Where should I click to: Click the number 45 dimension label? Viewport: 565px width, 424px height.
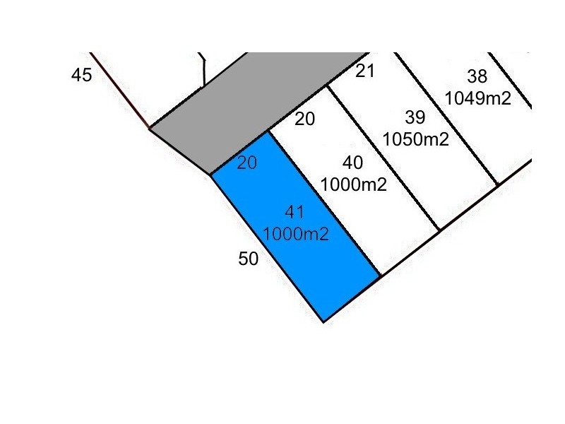tap(81, 75)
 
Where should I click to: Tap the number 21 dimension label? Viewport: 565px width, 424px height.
tap(365, 71)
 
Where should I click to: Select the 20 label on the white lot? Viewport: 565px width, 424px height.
tap(304, 119)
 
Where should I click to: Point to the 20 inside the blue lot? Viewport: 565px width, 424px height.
tap(246, 163)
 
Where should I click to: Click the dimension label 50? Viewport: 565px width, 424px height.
tap(249, 259)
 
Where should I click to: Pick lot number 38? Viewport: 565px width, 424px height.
tap(477, 76)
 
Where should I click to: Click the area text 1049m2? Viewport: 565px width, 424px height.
tap(478, 98)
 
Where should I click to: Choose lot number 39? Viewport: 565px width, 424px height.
tap(415, 117)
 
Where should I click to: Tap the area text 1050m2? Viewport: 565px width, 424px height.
tap(415, 139)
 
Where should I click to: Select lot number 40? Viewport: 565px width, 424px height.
tap(352, 163)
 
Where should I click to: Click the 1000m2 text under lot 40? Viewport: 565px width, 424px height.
tap(353, 184)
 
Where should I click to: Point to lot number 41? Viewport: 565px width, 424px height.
tap(295, 213)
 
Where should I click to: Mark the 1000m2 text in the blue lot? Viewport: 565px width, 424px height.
tap(296, 235)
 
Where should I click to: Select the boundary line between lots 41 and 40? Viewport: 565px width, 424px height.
tap(324, 204)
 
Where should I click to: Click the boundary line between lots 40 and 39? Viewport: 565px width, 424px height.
tap(383, 158)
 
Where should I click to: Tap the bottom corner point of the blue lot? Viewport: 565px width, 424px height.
tap(323, 322)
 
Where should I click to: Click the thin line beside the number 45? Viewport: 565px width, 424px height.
tap(120, 90)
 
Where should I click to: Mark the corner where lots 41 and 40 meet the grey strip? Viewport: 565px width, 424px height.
tap(268, 131)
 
